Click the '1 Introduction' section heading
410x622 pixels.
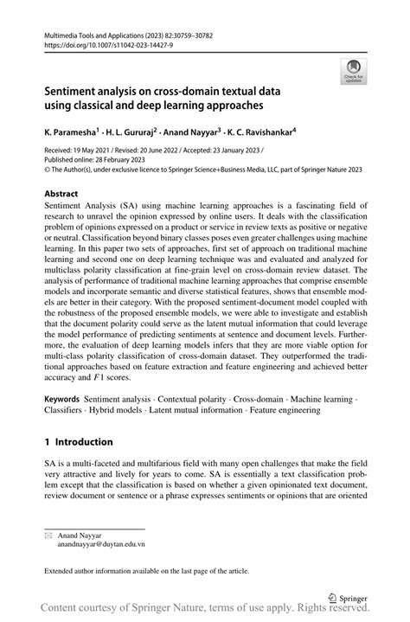coord(79,441)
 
